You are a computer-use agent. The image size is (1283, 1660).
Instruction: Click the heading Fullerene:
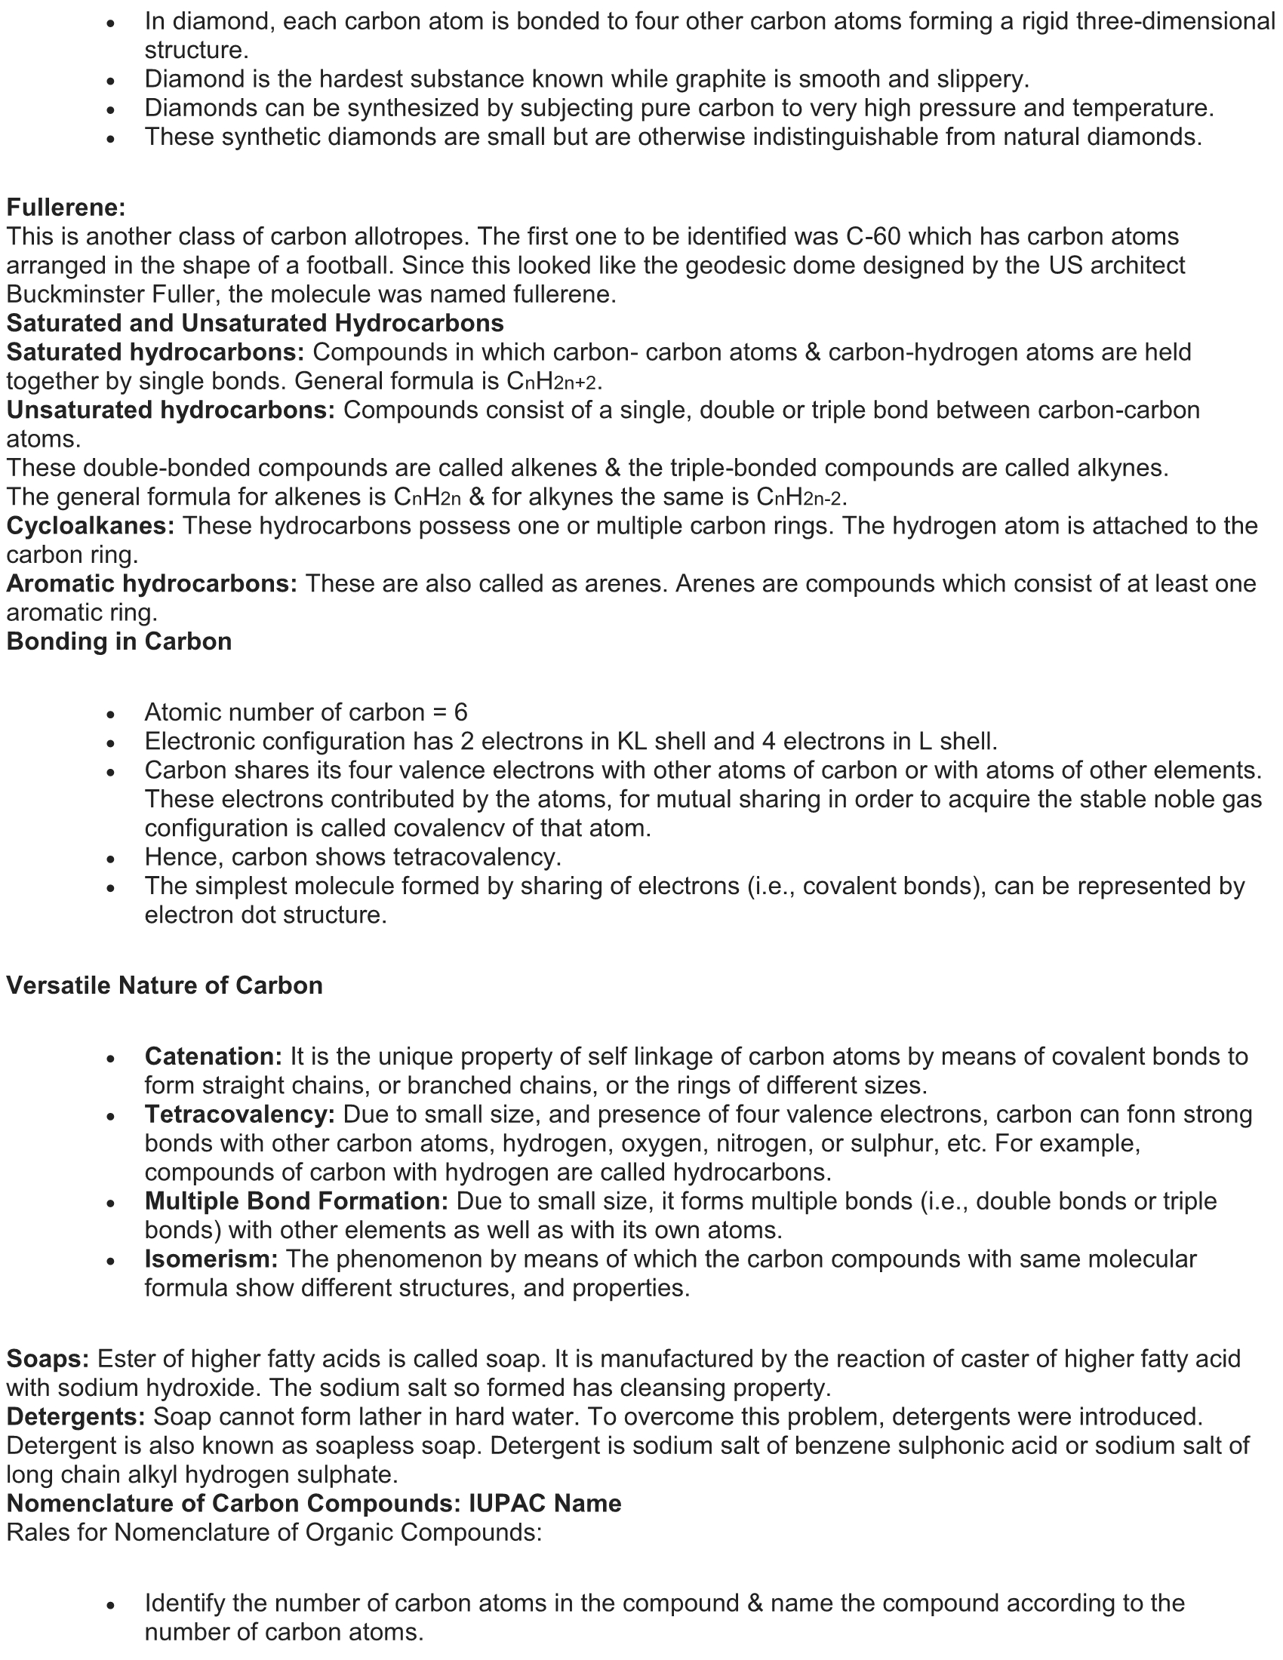66,207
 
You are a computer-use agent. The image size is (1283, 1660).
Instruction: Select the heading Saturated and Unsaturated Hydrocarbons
255,323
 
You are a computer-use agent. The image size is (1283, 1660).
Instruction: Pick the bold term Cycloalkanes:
91,526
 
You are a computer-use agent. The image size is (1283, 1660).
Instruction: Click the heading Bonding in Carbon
119,641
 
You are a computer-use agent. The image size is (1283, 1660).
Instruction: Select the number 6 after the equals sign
460,712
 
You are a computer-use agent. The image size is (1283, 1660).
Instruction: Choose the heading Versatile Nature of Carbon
165,986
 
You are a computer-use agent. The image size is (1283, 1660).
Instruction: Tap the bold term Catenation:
214,1056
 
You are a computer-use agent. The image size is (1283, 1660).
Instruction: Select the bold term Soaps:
48,1358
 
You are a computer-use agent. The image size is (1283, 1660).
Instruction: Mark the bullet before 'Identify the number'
111,1604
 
